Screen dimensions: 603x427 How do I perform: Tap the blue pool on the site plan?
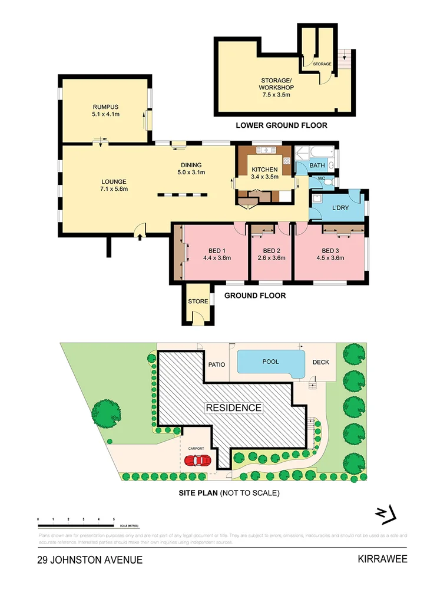[x=270, y=362]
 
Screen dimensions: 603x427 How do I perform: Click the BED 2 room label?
[x=271, y=250]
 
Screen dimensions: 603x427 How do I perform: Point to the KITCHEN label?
[x=264, y=170]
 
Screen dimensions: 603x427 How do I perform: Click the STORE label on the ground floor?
[x=198, y=301]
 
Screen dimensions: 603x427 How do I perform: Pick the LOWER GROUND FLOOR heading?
[x=281, y=125]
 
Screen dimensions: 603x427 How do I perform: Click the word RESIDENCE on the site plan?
[x=233, y=407]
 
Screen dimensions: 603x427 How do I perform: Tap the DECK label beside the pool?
[x=320, y=363]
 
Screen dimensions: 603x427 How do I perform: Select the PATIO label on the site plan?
[x=217, y=365]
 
